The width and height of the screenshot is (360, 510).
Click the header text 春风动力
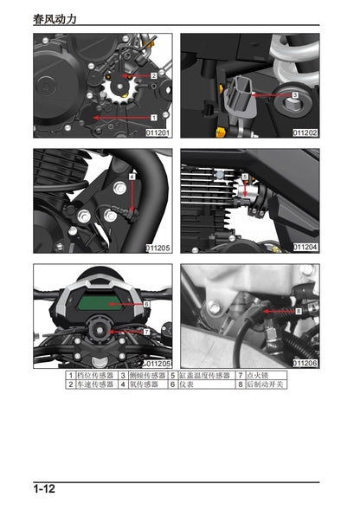60,17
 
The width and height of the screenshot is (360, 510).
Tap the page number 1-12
45,489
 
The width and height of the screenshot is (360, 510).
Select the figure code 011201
157,132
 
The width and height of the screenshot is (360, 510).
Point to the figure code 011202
305,132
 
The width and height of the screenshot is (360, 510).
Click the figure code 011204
305,248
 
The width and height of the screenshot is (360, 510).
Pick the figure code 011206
305,363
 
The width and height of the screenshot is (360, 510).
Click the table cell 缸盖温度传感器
205,375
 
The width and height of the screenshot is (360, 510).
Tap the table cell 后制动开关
266,384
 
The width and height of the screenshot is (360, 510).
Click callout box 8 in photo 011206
299,309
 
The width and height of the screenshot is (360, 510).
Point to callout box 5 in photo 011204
245,178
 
